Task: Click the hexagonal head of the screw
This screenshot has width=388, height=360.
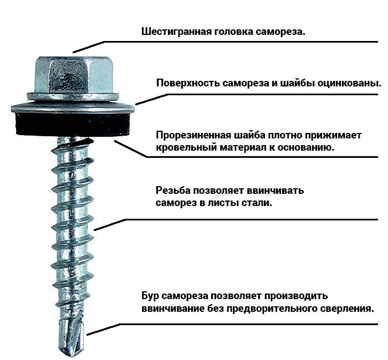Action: (74, 75)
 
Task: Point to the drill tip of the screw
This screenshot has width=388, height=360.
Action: (72, 337)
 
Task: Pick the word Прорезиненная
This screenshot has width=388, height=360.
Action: (193, 136)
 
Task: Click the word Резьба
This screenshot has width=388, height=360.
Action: (173, 191)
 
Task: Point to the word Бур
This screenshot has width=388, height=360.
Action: (150, 296)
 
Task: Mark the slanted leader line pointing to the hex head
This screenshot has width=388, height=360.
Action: (88, 47)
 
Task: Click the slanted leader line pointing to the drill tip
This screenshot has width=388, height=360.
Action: (103, 330)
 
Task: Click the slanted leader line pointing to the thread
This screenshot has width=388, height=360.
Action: (110, 225)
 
